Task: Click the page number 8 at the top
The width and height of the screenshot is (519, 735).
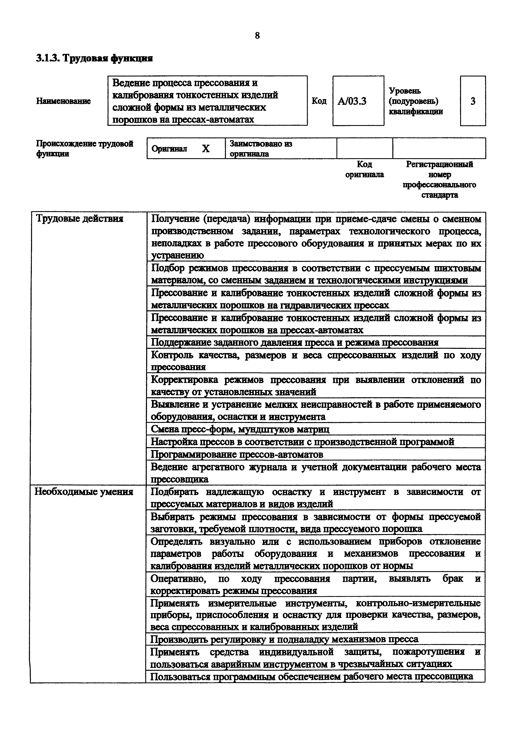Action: point(258,36)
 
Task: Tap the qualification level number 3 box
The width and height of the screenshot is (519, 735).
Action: point(473,101)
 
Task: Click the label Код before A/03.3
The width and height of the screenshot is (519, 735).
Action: point(319,101)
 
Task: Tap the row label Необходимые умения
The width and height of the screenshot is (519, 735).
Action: point(84,492)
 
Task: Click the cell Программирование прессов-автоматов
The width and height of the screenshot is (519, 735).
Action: point(237,455)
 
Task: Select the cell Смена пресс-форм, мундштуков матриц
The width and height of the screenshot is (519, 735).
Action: point(240,429)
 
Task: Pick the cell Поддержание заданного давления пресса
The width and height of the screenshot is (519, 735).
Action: point(294,343)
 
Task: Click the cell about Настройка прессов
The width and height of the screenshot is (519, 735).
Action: point(302,442)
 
